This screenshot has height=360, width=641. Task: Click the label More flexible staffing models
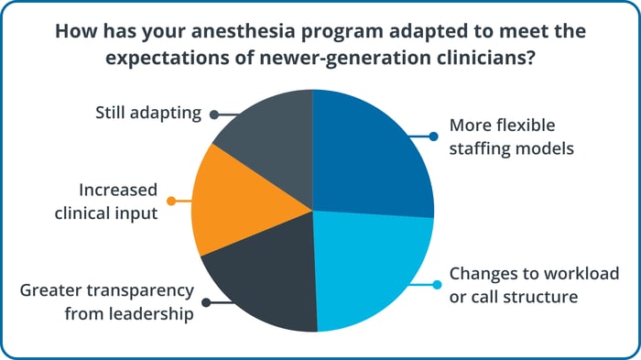click(512, 136)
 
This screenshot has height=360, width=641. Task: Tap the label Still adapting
click(149, 114)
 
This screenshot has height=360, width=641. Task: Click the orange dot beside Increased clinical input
click(170, 201)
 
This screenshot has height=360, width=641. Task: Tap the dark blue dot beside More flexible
click(433, 136)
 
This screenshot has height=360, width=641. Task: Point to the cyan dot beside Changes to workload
click(436, 284)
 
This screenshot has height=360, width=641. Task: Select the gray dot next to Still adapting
click(213, 115)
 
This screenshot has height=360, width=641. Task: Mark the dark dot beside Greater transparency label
click(206, 301)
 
